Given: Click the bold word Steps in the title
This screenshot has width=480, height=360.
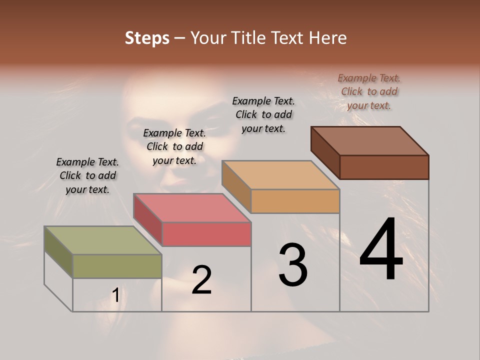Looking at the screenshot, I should coord(146,38).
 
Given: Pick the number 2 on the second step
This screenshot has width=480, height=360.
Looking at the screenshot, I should coord(201,280).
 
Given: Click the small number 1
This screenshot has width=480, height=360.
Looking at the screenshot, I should coord(115,295).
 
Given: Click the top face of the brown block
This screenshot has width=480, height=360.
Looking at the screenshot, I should coord(369,141).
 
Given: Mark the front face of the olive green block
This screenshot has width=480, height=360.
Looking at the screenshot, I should coord(117,266).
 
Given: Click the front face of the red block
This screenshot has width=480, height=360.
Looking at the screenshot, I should coord(206,234).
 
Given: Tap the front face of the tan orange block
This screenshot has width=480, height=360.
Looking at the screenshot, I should coord(295,201).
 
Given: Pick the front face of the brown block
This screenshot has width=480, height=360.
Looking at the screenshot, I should coord(384,167).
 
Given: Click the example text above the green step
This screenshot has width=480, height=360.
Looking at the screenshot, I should coord(87,175).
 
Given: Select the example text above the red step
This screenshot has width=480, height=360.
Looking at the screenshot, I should coord(174,146).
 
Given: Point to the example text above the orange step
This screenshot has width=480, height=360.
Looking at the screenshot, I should coord(263,114).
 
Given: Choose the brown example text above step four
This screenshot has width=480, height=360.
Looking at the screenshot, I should coord(369,91).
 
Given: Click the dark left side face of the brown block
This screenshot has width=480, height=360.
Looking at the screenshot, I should coord(325,152).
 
